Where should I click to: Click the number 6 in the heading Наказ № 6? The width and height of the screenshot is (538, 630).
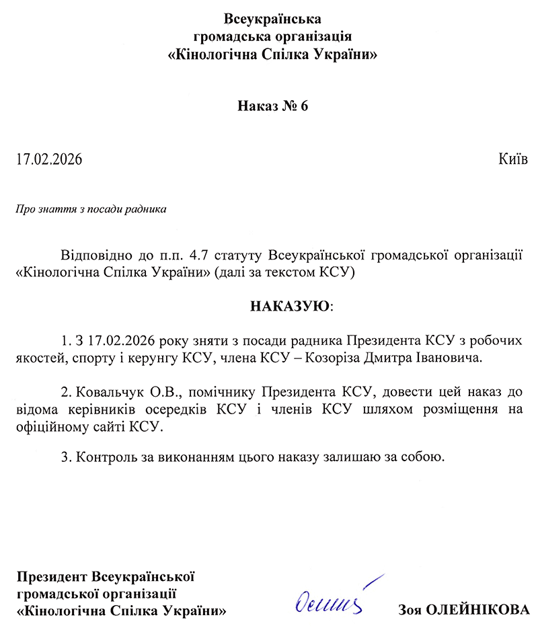pyautogui.click(x=303, y=107)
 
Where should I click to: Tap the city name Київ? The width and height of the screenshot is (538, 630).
pyautogui.click(x=513, y=159)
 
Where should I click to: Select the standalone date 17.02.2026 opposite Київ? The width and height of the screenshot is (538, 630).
pyautogui.click(x=48, y=159)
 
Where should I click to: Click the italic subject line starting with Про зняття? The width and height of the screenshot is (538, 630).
pyautogui.click(x=90, y=209)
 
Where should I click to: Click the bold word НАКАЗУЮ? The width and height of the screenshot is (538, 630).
pyautogui.click(x=291, y=307)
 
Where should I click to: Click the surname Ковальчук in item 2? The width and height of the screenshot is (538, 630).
pyautogui.click(x=106, y=391)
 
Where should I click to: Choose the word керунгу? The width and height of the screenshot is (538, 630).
pyautogui.click(x=155, y=357)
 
